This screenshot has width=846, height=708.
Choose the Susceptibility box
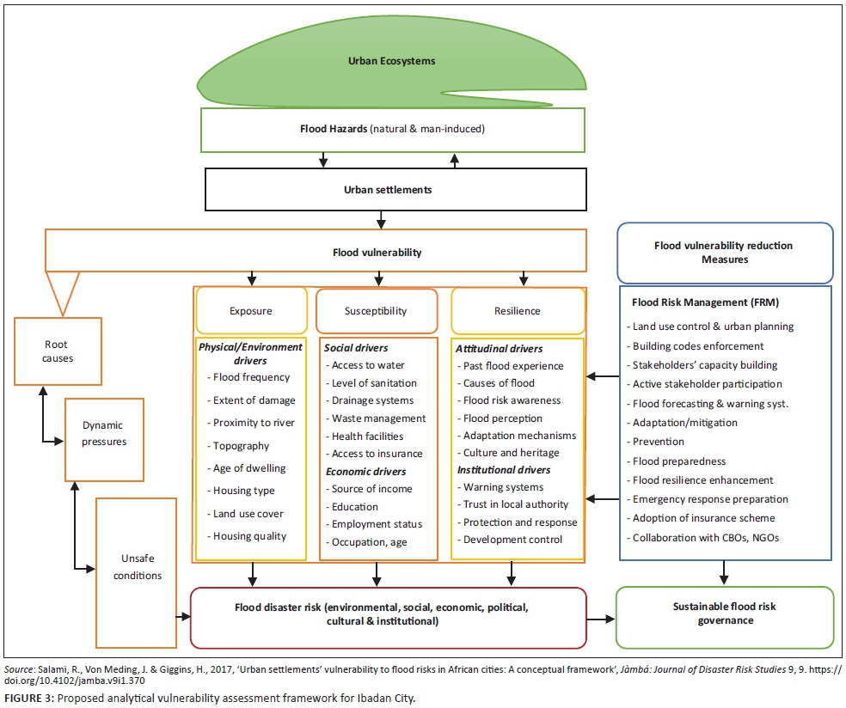click(x=377, y=310)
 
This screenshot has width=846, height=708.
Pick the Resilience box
click(x=517, y=310)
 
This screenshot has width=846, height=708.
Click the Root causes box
click(x=58, y=351)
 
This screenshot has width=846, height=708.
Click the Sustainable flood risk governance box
click(x=724, y=613)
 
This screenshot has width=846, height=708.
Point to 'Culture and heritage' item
click(x=511, y=453)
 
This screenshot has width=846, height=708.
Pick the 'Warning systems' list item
click(x=503, y=487)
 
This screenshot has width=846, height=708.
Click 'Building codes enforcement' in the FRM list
click(x=697, y=345)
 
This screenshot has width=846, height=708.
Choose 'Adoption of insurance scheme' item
click(x=703, y=518)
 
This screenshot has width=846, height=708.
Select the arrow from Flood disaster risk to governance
click(x=601, y=618)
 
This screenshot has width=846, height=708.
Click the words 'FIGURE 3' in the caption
click(x=28, y=697)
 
